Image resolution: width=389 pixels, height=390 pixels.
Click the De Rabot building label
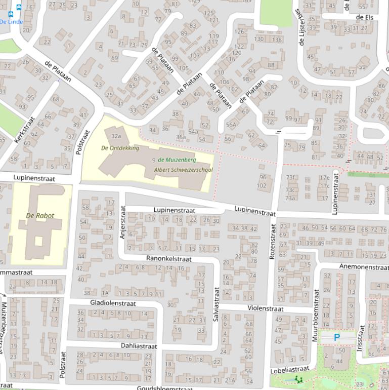40,215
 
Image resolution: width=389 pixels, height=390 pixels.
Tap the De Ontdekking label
120,148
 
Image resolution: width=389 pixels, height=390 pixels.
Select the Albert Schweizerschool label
183,170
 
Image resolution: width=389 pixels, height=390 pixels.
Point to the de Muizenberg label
177,160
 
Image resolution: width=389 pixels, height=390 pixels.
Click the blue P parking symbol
337,337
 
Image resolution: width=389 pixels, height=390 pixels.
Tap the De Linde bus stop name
11,22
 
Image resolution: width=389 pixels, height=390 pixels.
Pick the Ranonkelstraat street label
169,258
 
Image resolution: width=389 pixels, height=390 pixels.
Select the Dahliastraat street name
139,346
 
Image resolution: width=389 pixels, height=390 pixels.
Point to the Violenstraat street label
266,308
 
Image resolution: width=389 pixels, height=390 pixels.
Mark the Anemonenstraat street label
364,266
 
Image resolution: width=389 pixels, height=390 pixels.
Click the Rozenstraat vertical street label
273,242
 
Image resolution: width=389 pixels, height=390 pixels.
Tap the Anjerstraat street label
122,222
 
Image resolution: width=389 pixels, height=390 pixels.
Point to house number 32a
116,136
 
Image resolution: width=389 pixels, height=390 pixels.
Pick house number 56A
231,125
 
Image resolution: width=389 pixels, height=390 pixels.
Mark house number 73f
290,177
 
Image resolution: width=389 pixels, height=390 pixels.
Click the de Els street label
364,17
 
